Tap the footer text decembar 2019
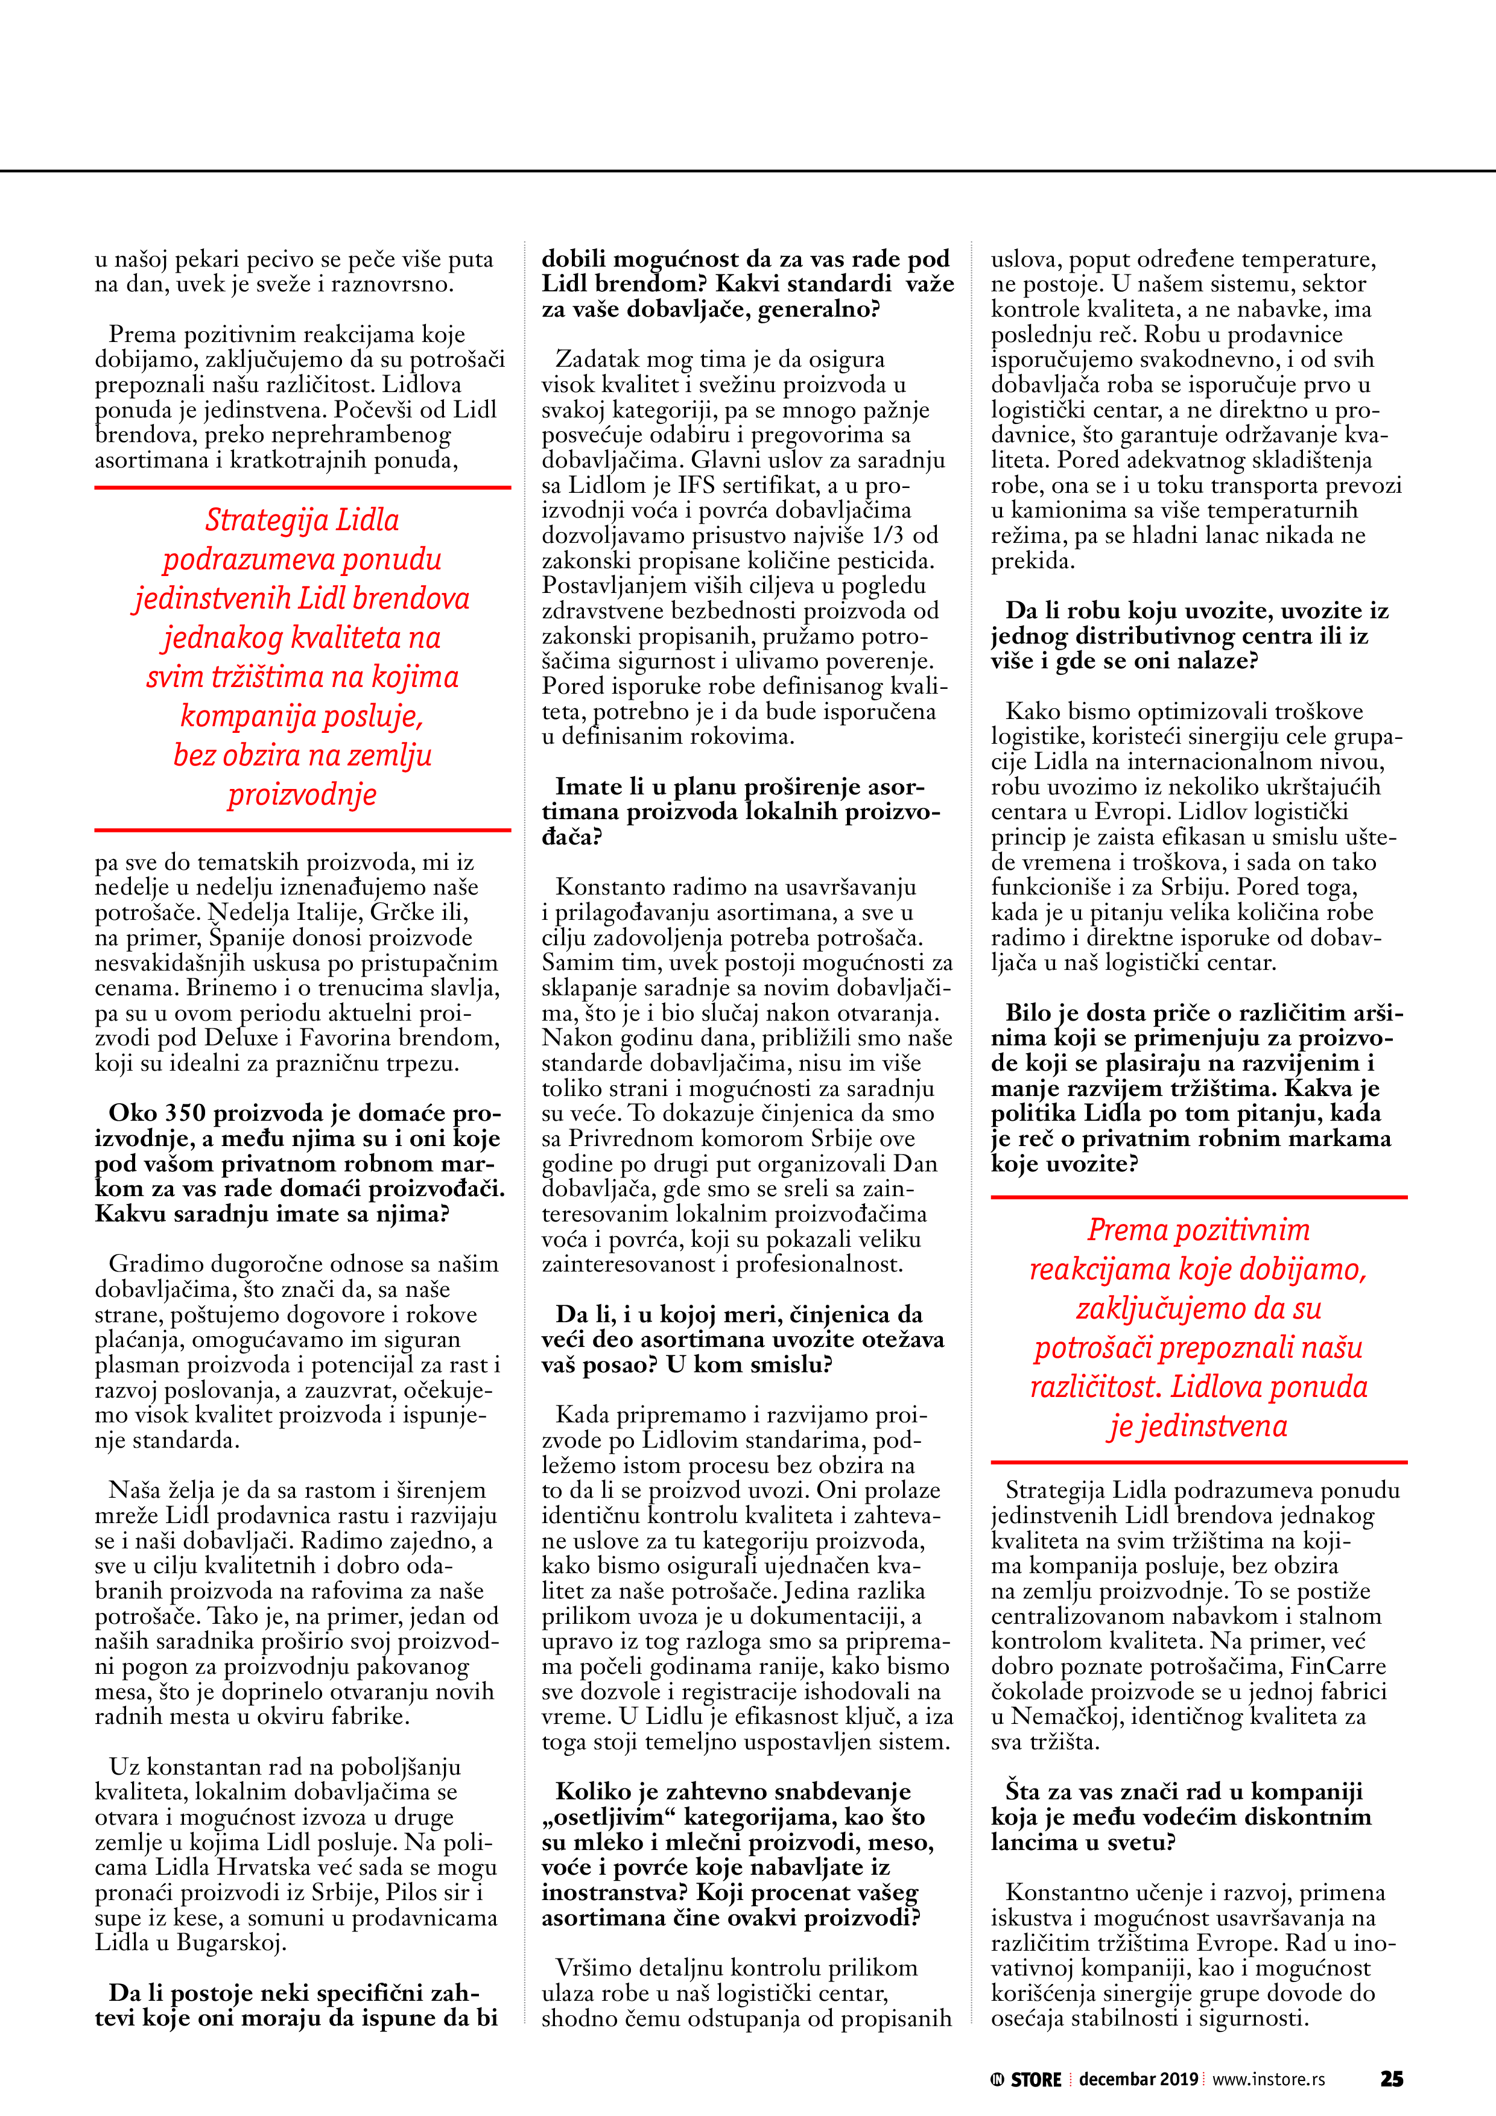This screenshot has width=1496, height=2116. click(1138, 2079)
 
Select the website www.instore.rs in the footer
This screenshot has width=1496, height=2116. click(1269, 2079)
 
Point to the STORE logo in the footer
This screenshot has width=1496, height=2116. click(1027, 2079)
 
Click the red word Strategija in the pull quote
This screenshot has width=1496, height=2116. click(253, 521)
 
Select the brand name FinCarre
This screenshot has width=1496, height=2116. click(1337, 1666)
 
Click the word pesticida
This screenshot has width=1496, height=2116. click(887, 560)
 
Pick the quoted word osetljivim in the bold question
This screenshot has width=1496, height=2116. click(609, 1817)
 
